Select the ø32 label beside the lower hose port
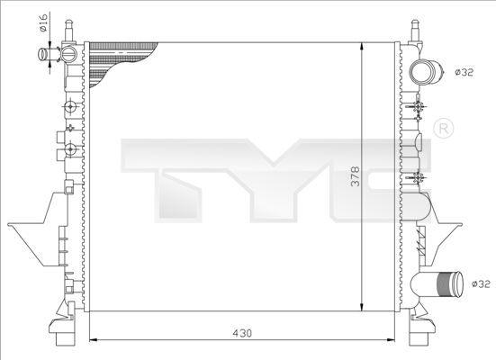tap(482, 283)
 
